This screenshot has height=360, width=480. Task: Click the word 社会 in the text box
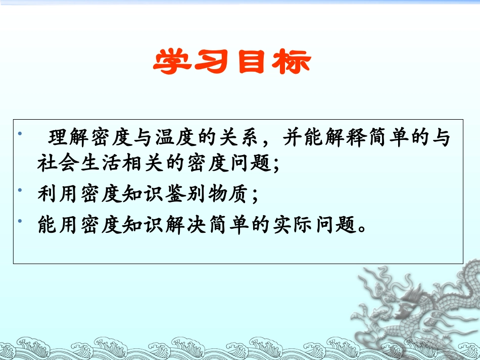(59, 165)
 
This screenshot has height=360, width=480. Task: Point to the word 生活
(102, 165)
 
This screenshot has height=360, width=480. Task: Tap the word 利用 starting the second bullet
(59, 195)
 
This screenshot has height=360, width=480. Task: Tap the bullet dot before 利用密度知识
(20, 190)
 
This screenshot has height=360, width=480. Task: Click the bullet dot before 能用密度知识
(20, 221)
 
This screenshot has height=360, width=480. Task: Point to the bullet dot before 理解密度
(20, 134)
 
